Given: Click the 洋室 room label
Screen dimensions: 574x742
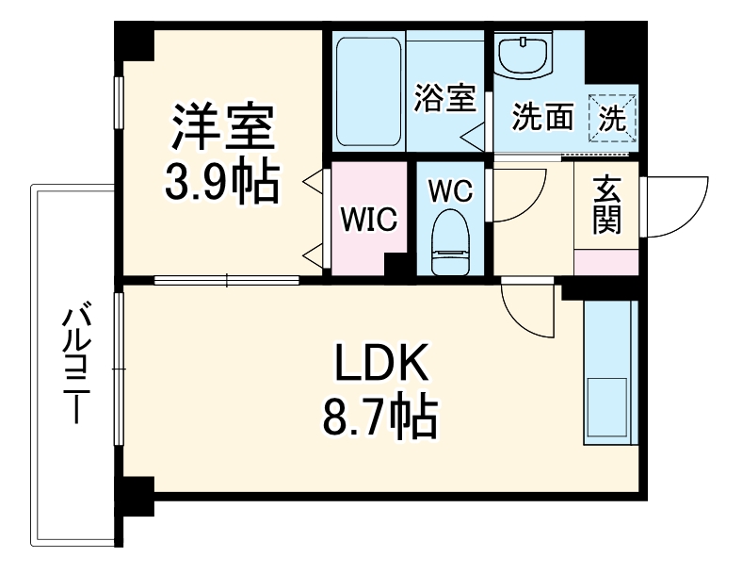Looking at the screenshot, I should click(x=222, y=129).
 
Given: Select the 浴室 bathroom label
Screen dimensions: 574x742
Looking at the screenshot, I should click(x=444, y=99).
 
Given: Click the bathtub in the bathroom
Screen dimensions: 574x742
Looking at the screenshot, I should click(x=368, y=91).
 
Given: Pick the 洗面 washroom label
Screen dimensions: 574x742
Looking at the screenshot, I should click(x=542, y=117).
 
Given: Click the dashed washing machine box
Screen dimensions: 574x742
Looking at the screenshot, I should click(x=612, y=117).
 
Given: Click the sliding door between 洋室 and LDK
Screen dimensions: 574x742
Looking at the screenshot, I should click(x=226, y=278).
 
